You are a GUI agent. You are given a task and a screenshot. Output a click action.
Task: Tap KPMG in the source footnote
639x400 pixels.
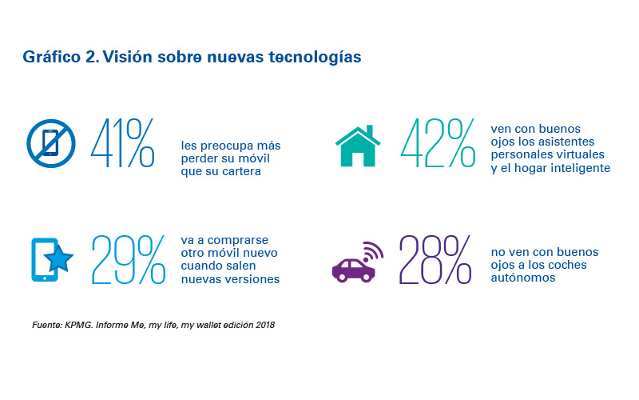[83, 325]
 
